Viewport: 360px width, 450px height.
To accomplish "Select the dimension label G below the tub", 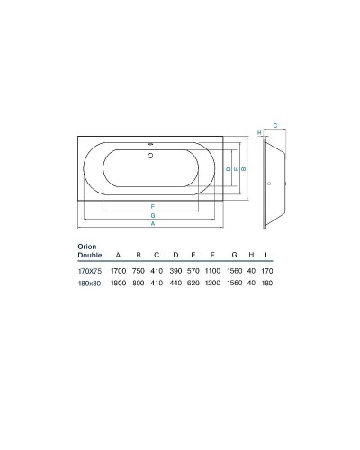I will (153, 216).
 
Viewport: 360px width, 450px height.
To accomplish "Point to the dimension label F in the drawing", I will (153, 207).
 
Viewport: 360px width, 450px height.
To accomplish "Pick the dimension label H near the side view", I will (259, 134).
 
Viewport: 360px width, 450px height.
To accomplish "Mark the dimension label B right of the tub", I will (244, 168).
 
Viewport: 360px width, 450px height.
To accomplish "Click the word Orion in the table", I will (86, 245).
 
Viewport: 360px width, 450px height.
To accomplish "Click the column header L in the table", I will (267, 255).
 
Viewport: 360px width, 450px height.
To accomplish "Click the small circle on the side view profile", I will (267, 184).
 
